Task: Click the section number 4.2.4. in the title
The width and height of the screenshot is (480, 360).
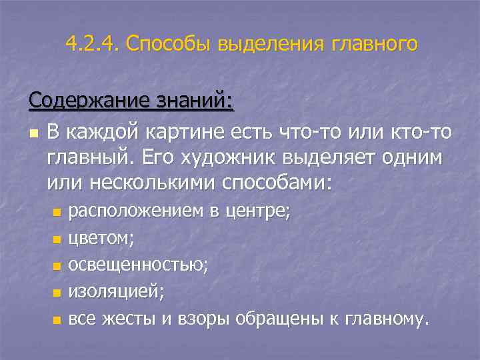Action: (92, 44)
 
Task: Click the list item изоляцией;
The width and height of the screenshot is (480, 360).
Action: (116, 292)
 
